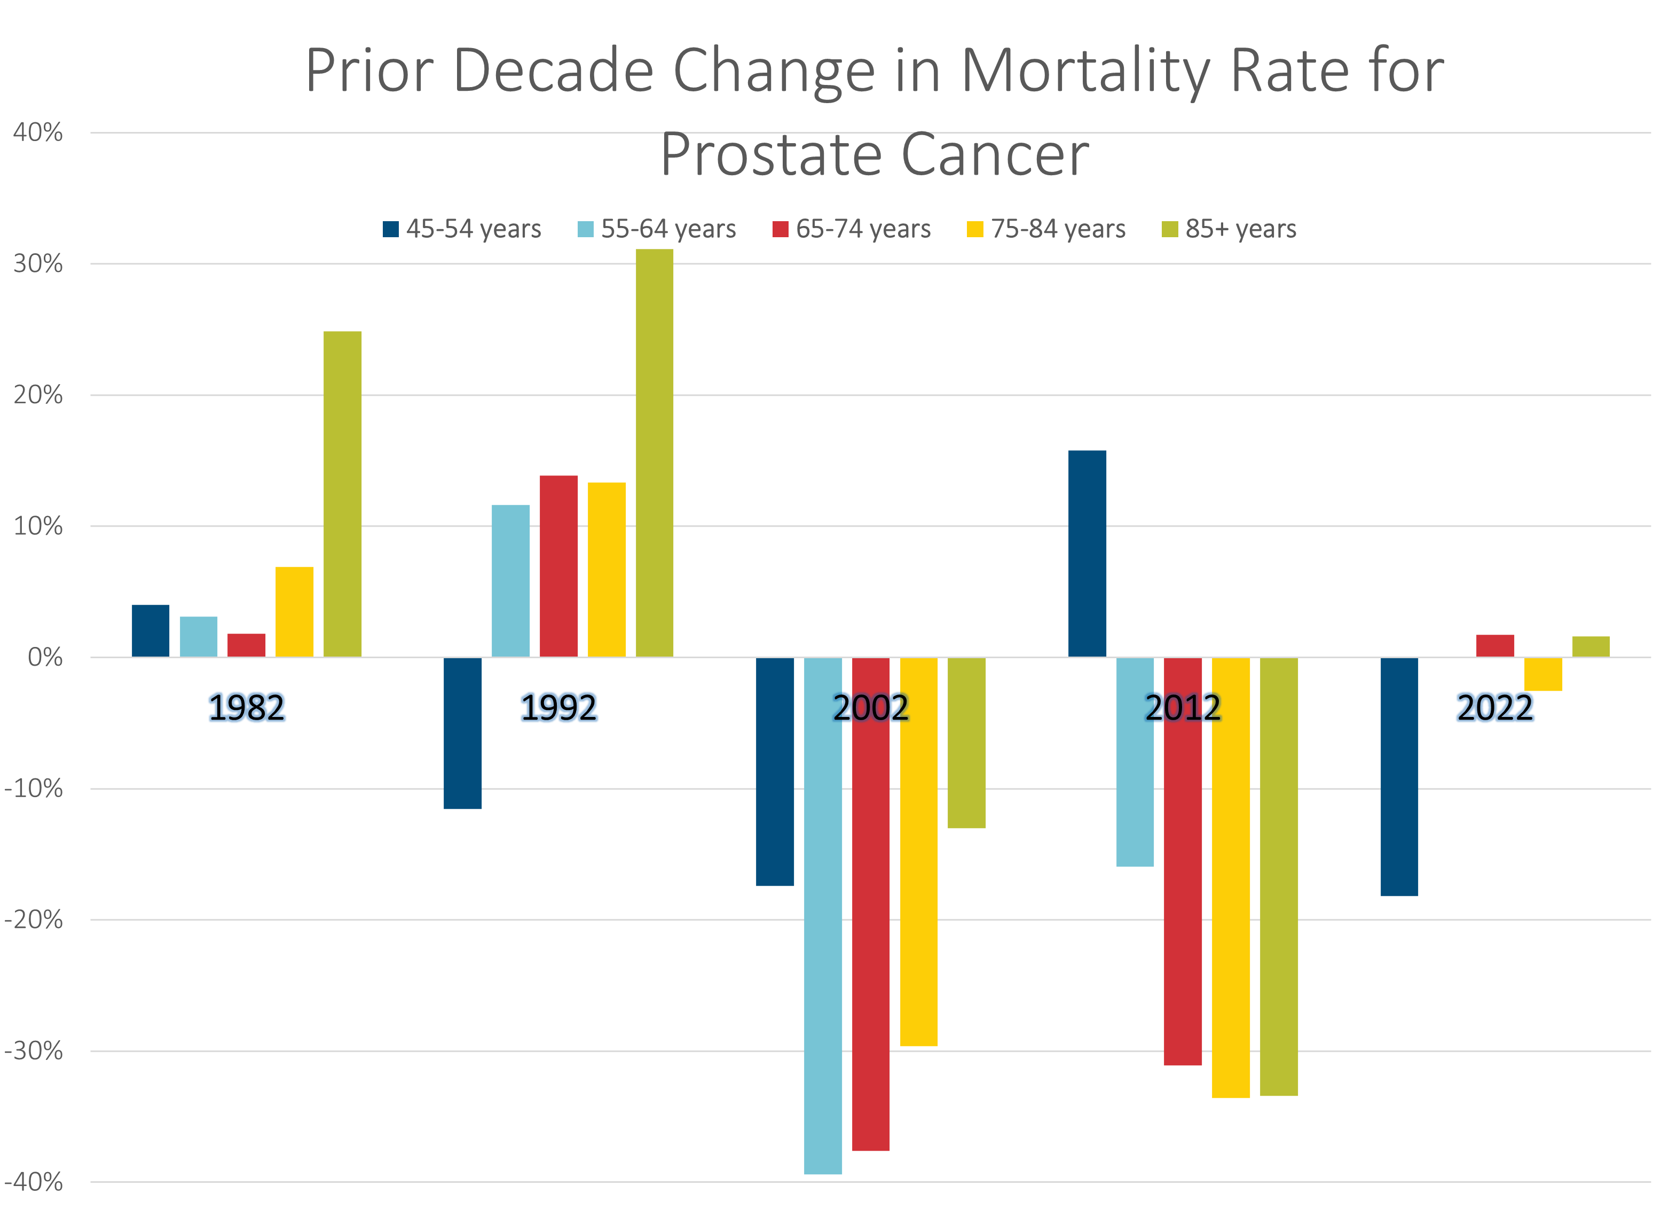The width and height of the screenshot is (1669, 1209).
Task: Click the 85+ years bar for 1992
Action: point(654,453)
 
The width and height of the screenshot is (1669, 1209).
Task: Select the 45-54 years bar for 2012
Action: point(1087,553)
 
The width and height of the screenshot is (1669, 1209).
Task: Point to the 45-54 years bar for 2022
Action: point(1399,777)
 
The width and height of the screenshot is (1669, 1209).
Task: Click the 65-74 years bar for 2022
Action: point(1494,646)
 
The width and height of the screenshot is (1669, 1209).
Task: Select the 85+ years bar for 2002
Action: point(966,743)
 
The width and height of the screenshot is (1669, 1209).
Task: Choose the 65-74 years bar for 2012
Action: point(1183,861)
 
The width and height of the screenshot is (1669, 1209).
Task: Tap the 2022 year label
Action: point(1494,708)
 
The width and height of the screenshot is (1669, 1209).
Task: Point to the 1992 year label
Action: point(558,708)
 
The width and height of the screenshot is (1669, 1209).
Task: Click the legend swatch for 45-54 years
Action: point(391,229)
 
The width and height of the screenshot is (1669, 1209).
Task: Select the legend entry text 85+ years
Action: point(1241,229)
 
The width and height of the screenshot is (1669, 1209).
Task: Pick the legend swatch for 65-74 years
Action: point(780,229)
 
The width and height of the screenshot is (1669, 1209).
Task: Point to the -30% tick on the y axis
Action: point(34,1051)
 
